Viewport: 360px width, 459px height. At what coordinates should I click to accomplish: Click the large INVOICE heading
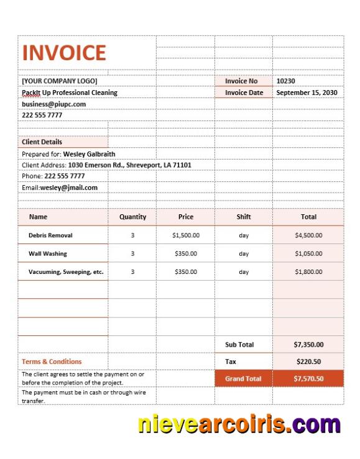64,53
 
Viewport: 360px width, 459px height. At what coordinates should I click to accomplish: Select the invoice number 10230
285,81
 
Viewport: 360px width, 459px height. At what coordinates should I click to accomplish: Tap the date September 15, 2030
307,93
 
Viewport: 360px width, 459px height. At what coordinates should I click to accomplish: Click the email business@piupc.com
53,104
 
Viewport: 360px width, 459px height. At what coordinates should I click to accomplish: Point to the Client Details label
42,142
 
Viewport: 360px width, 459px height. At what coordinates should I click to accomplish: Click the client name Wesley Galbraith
89,153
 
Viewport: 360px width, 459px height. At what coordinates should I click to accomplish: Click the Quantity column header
132,217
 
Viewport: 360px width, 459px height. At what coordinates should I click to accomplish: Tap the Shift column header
244,217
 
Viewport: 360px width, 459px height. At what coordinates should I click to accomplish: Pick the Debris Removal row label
50,235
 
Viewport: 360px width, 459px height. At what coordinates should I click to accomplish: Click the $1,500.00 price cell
186,235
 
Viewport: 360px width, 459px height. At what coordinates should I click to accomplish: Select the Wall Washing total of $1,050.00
308,253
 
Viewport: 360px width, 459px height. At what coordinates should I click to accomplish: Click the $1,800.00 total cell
308,271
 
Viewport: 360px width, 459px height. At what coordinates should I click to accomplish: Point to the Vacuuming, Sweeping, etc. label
66,271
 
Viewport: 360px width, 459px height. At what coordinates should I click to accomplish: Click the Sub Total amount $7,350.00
308,345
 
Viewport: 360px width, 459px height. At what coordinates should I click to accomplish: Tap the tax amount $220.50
308,361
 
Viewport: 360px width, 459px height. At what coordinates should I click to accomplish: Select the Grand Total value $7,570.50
308,378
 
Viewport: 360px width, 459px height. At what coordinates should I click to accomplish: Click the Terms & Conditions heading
52,361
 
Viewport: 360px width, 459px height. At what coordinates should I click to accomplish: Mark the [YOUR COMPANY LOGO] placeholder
60,81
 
